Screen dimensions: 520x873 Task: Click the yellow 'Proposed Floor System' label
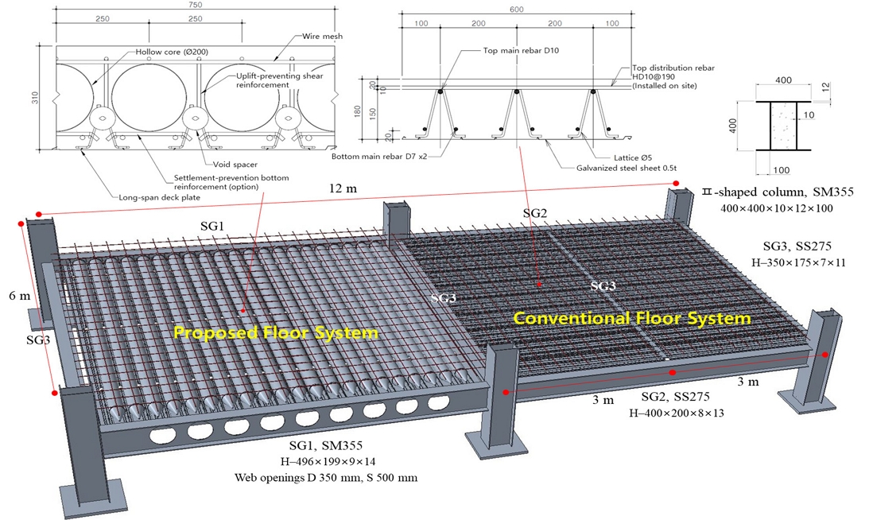tap(276, 332)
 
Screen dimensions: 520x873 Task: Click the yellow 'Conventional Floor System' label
tap(631, 319)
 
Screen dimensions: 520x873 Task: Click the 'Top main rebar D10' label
tap(525, 50)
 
